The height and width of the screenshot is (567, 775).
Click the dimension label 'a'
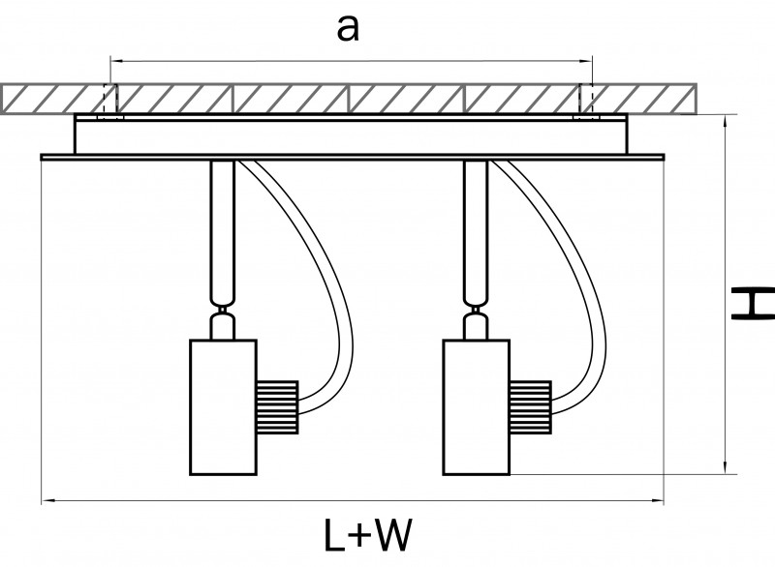347,29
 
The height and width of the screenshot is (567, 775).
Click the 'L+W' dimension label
367,535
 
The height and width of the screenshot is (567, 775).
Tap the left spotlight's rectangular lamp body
222,406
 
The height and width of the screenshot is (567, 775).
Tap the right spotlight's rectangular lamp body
476,406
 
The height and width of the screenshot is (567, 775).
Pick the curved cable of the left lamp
333,281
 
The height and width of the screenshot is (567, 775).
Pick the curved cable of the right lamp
587,281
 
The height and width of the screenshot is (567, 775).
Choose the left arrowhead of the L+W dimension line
46,501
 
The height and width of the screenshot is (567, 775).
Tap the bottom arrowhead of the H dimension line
726,468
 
